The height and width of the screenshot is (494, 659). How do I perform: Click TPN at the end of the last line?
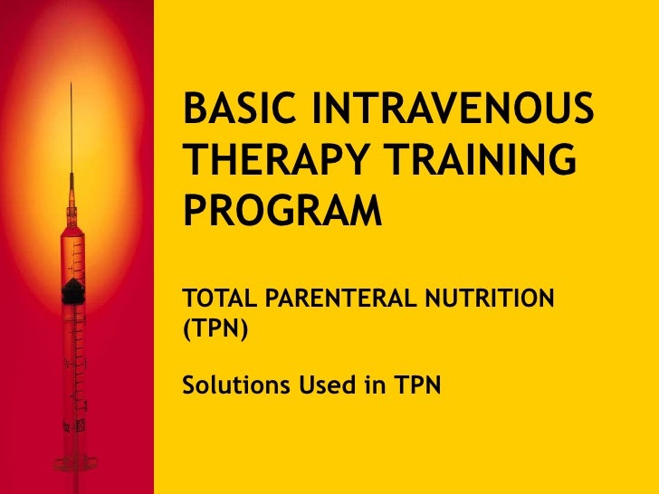pyautogui.click(x=419, y=386)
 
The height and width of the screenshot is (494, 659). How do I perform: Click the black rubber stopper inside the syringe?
pyautogui.click(x=72, y=290)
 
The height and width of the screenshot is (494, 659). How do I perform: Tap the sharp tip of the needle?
pyautogui.click(x=72, y=84)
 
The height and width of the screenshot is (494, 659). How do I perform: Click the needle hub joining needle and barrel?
pyautogui.click(x=72, y=210)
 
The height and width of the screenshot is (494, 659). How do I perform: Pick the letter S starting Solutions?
pyautogui.click(x=189, y=386)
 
